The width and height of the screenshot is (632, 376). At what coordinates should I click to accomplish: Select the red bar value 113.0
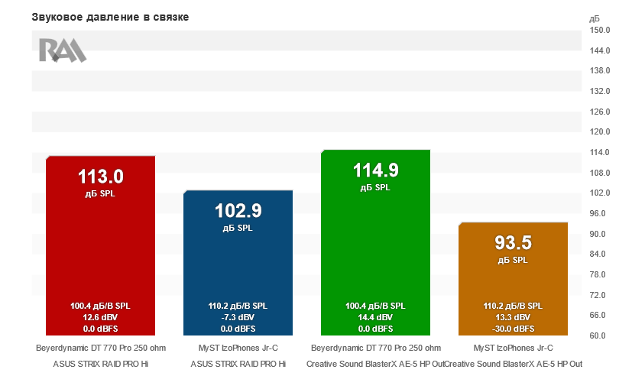tap(101, 177)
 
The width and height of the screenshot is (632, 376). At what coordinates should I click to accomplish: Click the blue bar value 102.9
tap(238, 211)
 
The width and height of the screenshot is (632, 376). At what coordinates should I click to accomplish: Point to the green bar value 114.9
tap(375, 170)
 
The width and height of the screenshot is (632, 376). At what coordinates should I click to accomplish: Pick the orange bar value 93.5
tap(513, 243)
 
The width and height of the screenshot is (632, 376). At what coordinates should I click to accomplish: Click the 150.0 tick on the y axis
tap(600, 31)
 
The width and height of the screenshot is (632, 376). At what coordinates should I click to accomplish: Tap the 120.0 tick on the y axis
tap(600, 132)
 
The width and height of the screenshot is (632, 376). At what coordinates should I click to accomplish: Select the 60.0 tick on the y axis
tap(600, 335)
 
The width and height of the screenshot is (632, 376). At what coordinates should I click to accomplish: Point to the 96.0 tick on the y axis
tap(600, 213)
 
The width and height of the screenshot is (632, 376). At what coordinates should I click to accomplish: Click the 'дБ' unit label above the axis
tap(595, 17)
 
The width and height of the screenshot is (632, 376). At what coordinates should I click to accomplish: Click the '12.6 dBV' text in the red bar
tap(101, 317)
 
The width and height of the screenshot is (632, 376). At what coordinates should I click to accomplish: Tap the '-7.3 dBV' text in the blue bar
tap(238, 317)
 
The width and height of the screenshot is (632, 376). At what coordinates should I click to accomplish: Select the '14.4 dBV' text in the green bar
tap(375, 317)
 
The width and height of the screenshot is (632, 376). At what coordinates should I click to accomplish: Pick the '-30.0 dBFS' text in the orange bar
tap(513, 329)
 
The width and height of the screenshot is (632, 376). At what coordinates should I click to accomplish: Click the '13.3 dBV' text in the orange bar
tap(513, 317)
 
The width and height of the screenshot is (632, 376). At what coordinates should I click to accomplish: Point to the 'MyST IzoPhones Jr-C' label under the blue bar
tap(238, 348)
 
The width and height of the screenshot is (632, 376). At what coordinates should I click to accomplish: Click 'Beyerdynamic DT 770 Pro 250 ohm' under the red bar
tap(101, 348)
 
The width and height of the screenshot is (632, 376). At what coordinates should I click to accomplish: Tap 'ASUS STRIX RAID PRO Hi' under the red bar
tap(101, 364)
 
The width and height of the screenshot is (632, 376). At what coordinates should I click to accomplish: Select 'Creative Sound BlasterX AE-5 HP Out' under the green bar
tap(375, 364)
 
